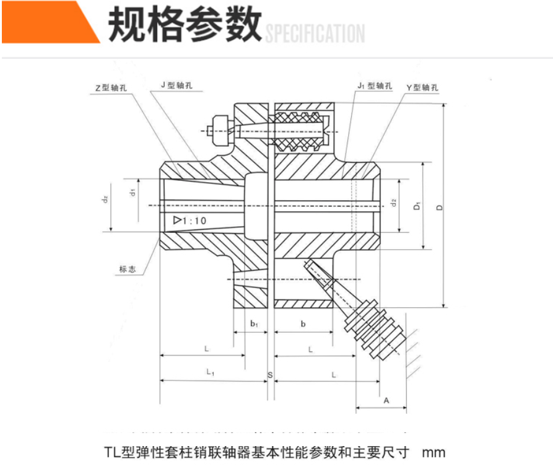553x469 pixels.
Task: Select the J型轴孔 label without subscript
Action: tap(176, 85)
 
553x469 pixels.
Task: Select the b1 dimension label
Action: tap(254, 323)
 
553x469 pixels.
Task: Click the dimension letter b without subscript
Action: tap(303, 323)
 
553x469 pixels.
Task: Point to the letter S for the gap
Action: tap(270, 375)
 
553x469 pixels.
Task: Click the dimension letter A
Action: tap(386, 401)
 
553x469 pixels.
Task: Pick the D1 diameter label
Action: tap(418, 206)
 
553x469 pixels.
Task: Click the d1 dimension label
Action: tap(132, 192)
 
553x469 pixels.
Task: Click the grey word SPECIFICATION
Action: tap(315, 33)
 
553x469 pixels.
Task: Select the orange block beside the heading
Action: tap(46, 22)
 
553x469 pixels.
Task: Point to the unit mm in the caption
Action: tap(433, 452)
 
